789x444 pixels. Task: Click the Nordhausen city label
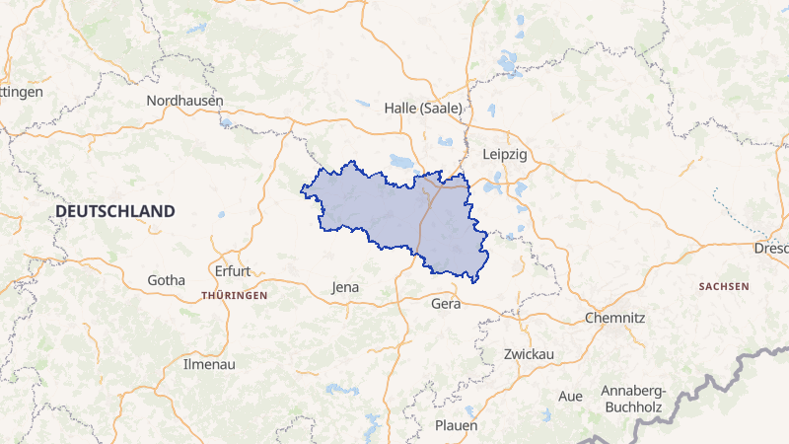pos(184,101)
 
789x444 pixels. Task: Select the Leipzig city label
pos(505,155)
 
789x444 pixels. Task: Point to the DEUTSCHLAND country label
pos(115,211)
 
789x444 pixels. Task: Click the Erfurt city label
pos(233,270)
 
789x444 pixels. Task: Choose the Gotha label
pos(166,280)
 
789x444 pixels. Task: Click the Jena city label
pos(345,287)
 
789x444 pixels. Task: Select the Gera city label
pos(446,304)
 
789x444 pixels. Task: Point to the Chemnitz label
pos(614,318)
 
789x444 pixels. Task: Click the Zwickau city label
pos(529,353)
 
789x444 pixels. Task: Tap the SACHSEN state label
pos(723,286)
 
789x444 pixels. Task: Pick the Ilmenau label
pos(210,364)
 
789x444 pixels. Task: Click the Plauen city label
pos(456,425)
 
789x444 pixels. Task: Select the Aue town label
pos(570,396)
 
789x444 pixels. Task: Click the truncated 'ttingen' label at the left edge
pos(22,91)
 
